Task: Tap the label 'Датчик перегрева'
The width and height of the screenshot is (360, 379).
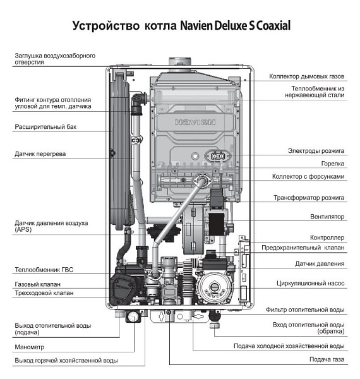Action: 40,153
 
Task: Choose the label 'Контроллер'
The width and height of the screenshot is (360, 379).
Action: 328,238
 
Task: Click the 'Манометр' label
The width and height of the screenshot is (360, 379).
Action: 31,347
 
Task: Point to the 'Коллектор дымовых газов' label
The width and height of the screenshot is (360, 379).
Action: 306,76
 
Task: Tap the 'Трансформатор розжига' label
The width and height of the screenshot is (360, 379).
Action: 309,198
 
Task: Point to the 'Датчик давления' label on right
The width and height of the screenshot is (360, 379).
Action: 320,263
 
